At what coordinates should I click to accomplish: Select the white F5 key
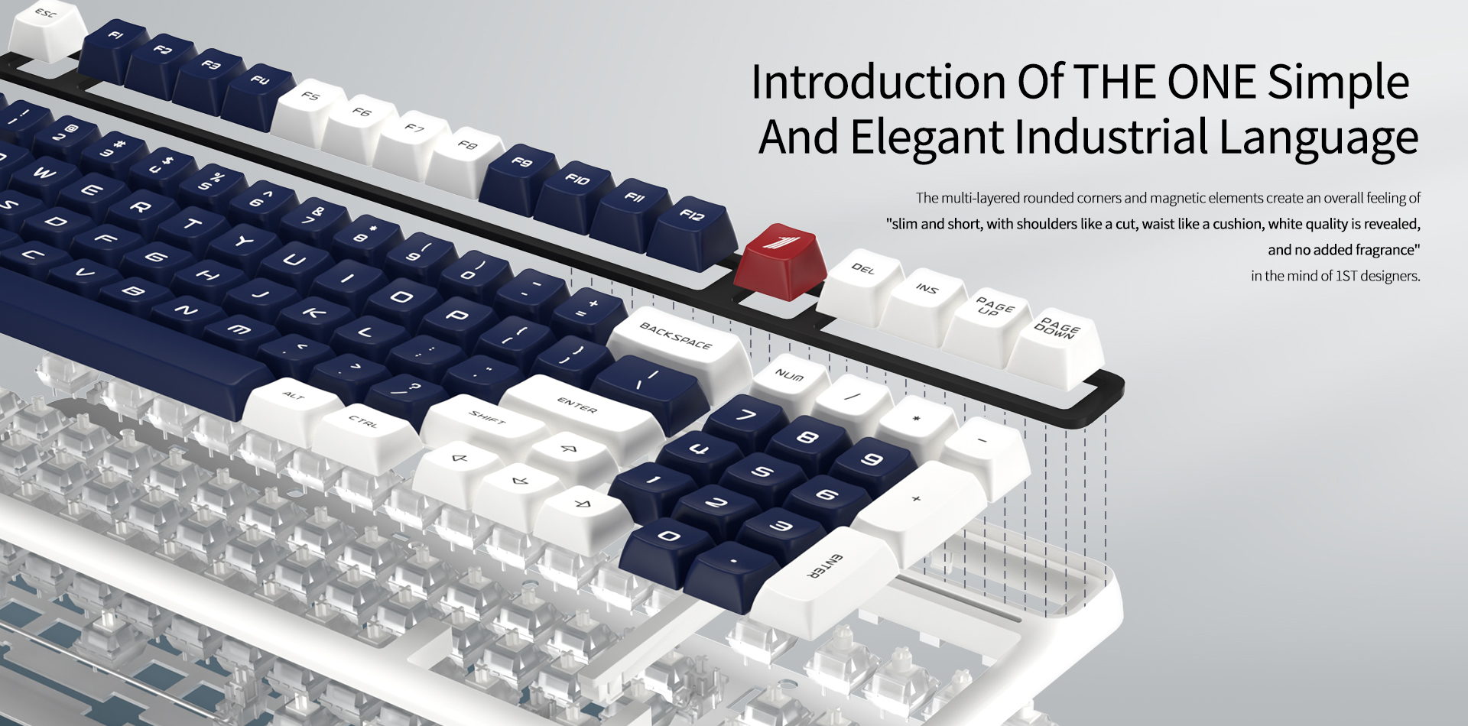point(310,109)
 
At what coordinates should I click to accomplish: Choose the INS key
point(925,303)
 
